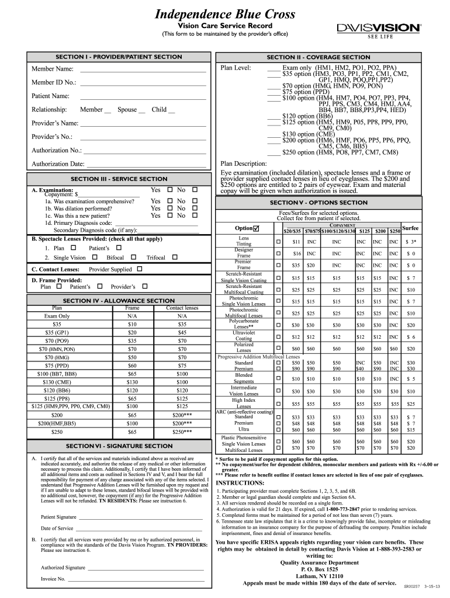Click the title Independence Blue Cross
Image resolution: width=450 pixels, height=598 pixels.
tap(224, 14)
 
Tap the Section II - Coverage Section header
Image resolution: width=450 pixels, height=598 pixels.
tap(318, 57)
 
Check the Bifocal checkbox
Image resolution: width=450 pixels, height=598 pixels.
tap(134, 257)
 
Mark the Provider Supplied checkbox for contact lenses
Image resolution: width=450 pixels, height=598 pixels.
tap(140, 269)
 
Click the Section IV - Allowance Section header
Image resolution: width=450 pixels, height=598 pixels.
tap(119, 301)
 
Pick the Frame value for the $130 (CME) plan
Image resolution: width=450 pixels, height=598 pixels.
tap(133, 382)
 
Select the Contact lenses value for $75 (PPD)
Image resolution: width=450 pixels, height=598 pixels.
tap(182, 366)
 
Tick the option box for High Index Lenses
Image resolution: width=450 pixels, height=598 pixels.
tap(278, 404)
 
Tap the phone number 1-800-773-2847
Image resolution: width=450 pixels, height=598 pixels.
tap(334, 509)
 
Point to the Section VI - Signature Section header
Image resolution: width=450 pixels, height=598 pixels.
tap(119, 446)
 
